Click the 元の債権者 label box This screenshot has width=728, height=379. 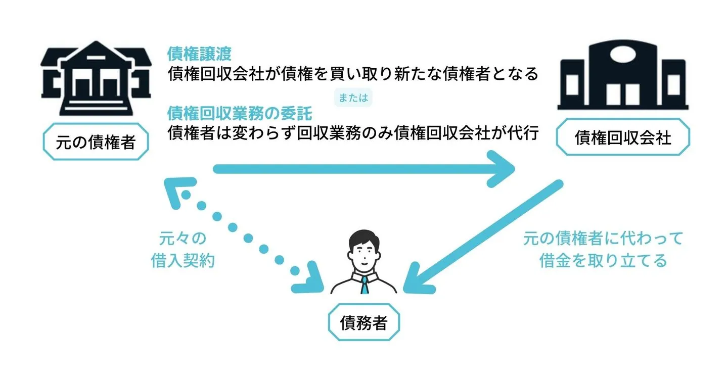click(96, 143)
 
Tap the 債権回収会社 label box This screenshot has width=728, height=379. click(623, 137)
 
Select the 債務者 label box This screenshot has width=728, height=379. click(363, 323)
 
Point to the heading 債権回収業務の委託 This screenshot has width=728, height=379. click(240, 113)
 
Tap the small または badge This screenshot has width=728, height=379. click(352, 98)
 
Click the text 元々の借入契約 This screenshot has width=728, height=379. click(183, 250)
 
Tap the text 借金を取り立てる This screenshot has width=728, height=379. click(603, 260)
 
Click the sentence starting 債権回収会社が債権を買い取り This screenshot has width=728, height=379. click(353, 75)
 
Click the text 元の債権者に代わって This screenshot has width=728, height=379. click(603, 238)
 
